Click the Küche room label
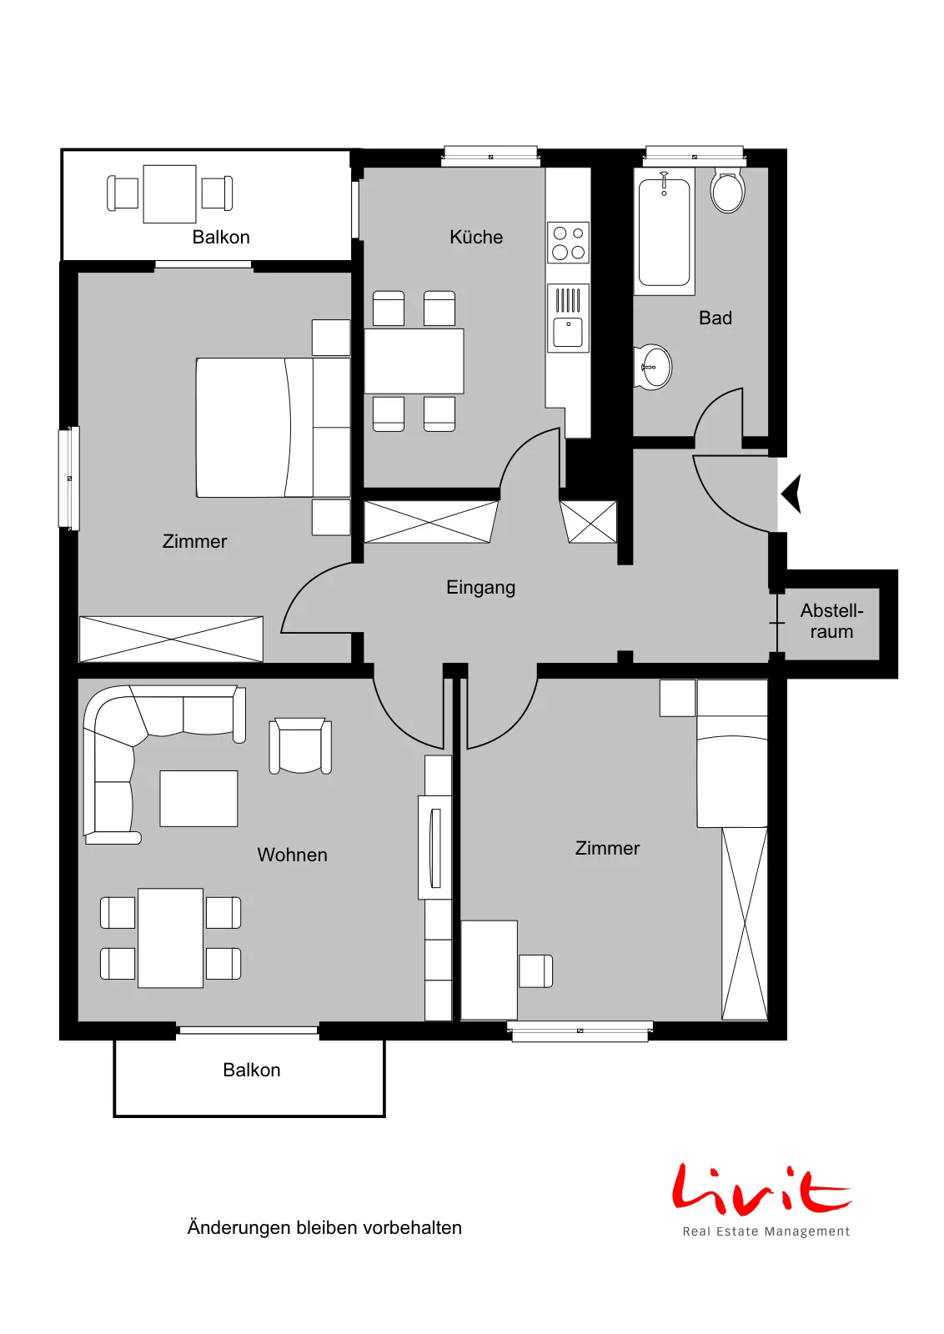coord(476,237)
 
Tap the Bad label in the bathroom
coord(715,318)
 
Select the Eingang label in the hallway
coord(480,588)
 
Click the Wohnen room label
coord(292,855)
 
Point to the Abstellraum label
coord(831,620)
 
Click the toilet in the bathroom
coord(727,189)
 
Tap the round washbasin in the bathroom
coord(652,367)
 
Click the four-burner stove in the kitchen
coord(568,243)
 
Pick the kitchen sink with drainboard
coord(568,318)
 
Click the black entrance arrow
coord(791,494)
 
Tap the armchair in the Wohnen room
coord(300,745)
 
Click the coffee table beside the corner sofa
coord(198,798)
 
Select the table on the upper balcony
coord(170,194)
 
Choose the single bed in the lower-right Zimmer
coord(732,754)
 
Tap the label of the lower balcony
coord(251,1071)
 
